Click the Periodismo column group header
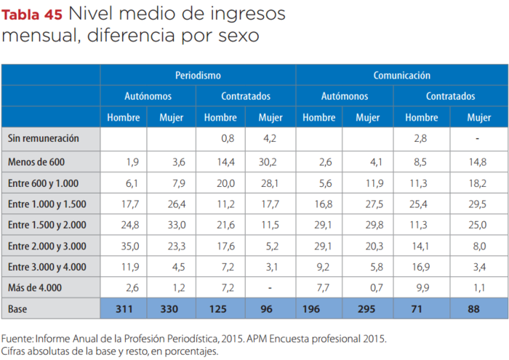[198, 75]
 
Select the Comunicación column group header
[401, 75]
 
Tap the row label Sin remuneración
[44, 137]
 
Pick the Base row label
[18, 309]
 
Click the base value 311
[124, 309]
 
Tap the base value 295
[368, 309]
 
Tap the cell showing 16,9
[422, 266]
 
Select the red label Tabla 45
[32, 14]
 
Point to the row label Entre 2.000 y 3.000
[48, 245]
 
